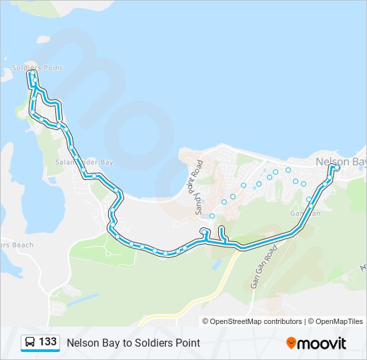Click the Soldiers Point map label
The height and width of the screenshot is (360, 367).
[37, 68]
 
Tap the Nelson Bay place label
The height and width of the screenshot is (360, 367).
[340, 161]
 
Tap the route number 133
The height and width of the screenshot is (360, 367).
[47, 342]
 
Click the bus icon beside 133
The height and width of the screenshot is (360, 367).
[30, 343]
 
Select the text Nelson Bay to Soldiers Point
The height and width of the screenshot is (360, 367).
[133, 343]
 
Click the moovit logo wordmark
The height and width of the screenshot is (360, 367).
[322, 343]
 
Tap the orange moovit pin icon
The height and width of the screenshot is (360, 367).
[291, 343]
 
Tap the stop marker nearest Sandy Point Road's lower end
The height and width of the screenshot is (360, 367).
[212, 215]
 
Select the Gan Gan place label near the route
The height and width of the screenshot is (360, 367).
[305, 213]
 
